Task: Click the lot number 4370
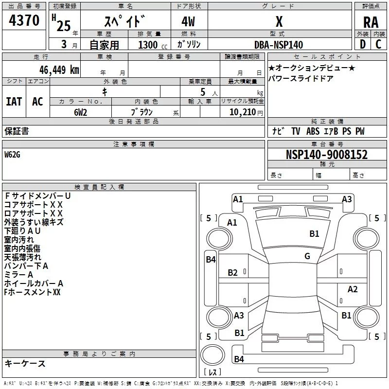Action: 24,20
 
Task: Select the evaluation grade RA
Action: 371,22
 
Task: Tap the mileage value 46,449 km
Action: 59,70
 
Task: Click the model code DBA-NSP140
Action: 279,45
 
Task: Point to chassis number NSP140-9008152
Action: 326,155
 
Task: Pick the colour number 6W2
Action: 80,112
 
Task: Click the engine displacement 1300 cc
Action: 153,45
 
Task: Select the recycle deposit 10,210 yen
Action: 246,112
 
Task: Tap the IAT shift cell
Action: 14,102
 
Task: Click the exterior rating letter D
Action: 363,44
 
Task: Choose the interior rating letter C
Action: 378,44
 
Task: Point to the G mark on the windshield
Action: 307,256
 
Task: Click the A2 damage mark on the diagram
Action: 352,289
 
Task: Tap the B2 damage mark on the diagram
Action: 233,273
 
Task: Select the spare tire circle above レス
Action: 212,355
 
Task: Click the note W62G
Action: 12,155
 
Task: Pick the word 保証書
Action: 17,131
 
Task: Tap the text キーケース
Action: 25,364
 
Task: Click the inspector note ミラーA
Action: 18,275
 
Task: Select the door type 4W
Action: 188,21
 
